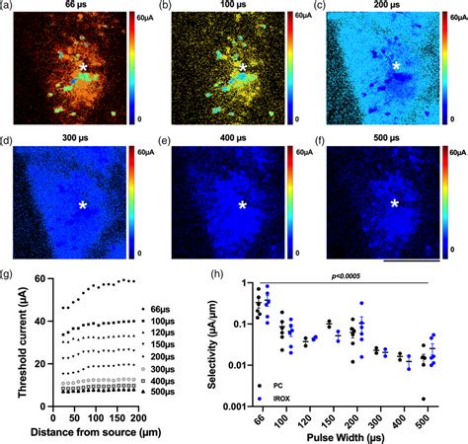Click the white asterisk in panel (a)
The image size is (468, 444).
pyautogui.click(x=86, y=68)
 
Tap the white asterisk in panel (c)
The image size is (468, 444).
pyautogui.click(x=396, y=66)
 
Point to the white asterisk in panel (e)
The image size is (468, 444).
pyautogui.click(x=242, y=205)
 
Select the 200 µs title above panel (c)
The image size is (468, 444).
pyautogui.click(x=395, y=7)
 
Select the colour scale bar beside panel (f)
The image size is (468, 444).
pyautogui.click(x=445, y=205)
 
